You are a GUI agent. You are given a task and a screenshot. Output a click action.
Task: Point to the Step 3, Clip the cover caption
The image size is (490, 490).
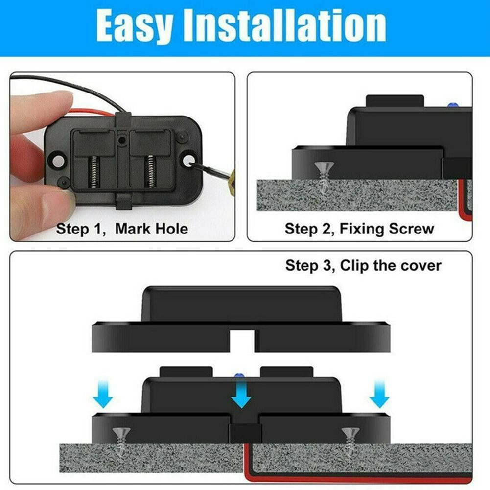[x=363, y=265]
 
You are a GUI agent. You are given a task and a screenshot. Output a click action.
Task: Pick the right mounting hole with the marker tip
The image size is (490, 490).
[x=188, y=160]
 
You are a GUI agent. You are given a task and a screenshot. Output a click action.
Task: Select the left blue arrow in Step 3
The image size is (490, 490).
[x=103, y=396]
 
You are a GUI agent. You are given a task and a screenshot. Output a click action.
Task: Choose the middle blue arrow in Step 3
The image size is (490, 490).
[x=241, y=396]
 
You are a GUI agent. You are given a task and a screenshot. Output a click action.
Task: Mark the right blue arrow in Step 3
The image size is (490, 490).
[x=379, y=396]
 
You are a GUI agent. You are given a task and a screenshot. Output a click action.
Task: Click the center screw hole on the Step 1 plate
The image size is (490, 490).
[x=122, y=140]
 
